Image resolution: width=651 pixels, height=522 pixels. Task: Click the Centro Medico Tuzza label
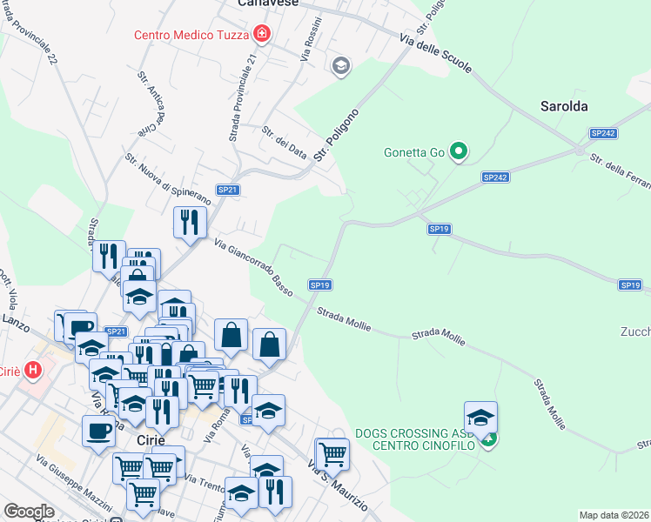pos(191,35)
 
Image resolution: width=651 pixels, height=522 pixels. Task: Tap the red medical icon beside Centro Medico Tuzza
pos(261,35)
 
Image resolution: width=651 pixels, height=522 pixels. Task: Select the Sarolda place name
pos(564,106)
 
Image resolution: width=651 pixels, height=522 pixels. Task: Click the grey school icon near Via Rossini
pos(340,65)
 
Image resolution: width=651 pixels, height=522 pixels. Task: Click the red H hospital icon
pos(33,370)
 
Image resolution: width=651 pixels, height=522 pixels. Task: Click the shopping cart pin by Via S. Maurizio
pos(332,452)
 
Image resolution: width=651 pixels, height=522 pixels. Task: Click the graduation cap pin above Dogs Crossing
pos(480,417)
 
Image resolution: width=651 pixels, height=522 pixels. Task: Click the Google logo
pos(29,512)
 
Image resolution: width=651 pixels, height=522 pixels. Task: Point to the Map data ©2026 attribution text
pos(614,515)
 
